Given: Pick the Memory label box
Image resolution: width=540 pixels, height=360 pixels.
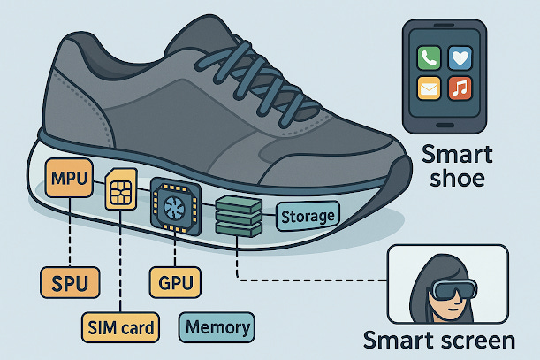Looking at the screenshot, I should (x=216, y=328).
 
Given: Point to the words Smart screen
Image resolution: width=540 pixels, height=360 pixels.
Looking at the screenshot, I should (x=438, y=341).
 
